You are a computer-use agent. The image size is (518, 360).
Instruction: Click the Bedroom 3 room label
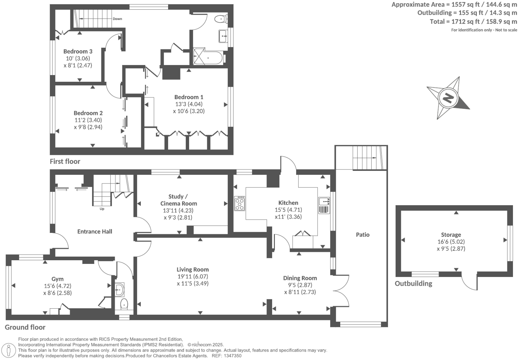pos(78,51)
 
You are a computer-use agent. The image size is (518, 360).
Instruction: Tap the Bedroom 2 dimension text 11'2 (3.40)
pos(88,120)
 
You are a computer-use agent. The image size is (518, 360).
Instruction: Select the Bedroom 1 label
pos(189,97)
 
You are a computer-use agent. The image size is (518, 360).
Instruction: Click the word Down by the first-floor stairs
pos(117,19)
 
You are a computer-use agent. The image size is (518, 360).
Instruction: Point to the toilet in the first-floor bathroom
pos(220,19)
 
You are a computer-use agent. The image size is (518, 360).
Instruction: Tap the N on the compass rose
pos(448,98)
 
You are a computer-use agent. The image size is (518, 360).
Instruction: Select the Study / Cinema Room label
pos(178,200)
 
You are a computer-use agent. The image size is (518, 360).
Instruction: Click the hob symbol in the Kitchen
pos(239,203)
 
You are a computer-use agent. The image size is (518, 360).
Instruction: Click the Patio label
pos(363,235)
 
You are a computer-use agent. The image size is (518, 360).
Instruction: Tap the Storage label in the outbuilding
pos(451,235)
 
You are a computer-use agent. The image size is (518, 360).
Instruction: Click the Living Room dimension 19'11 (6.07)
pos(193,277)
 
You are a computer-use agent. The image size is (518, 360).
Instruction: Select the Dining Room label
pos(300,278)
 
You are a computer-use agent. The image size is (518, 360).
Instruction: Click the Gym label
pos(57,279)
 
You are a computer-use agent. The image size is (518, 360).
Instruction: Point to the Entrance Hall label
pos(95,232)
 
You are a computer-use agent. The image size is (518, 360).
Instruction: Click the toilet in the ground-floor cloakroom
pos(124,304)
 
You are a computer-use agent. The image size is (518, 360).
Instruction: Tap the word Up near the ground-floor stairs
pos(102,209)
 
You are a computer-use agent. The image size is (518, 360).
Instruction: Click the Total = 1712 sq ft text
pos(473,22)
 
